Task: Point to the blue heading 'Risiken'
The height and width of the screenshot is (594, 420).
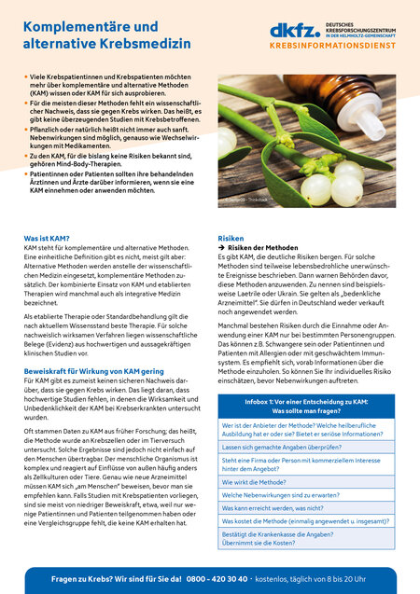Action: click(231, 240)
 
